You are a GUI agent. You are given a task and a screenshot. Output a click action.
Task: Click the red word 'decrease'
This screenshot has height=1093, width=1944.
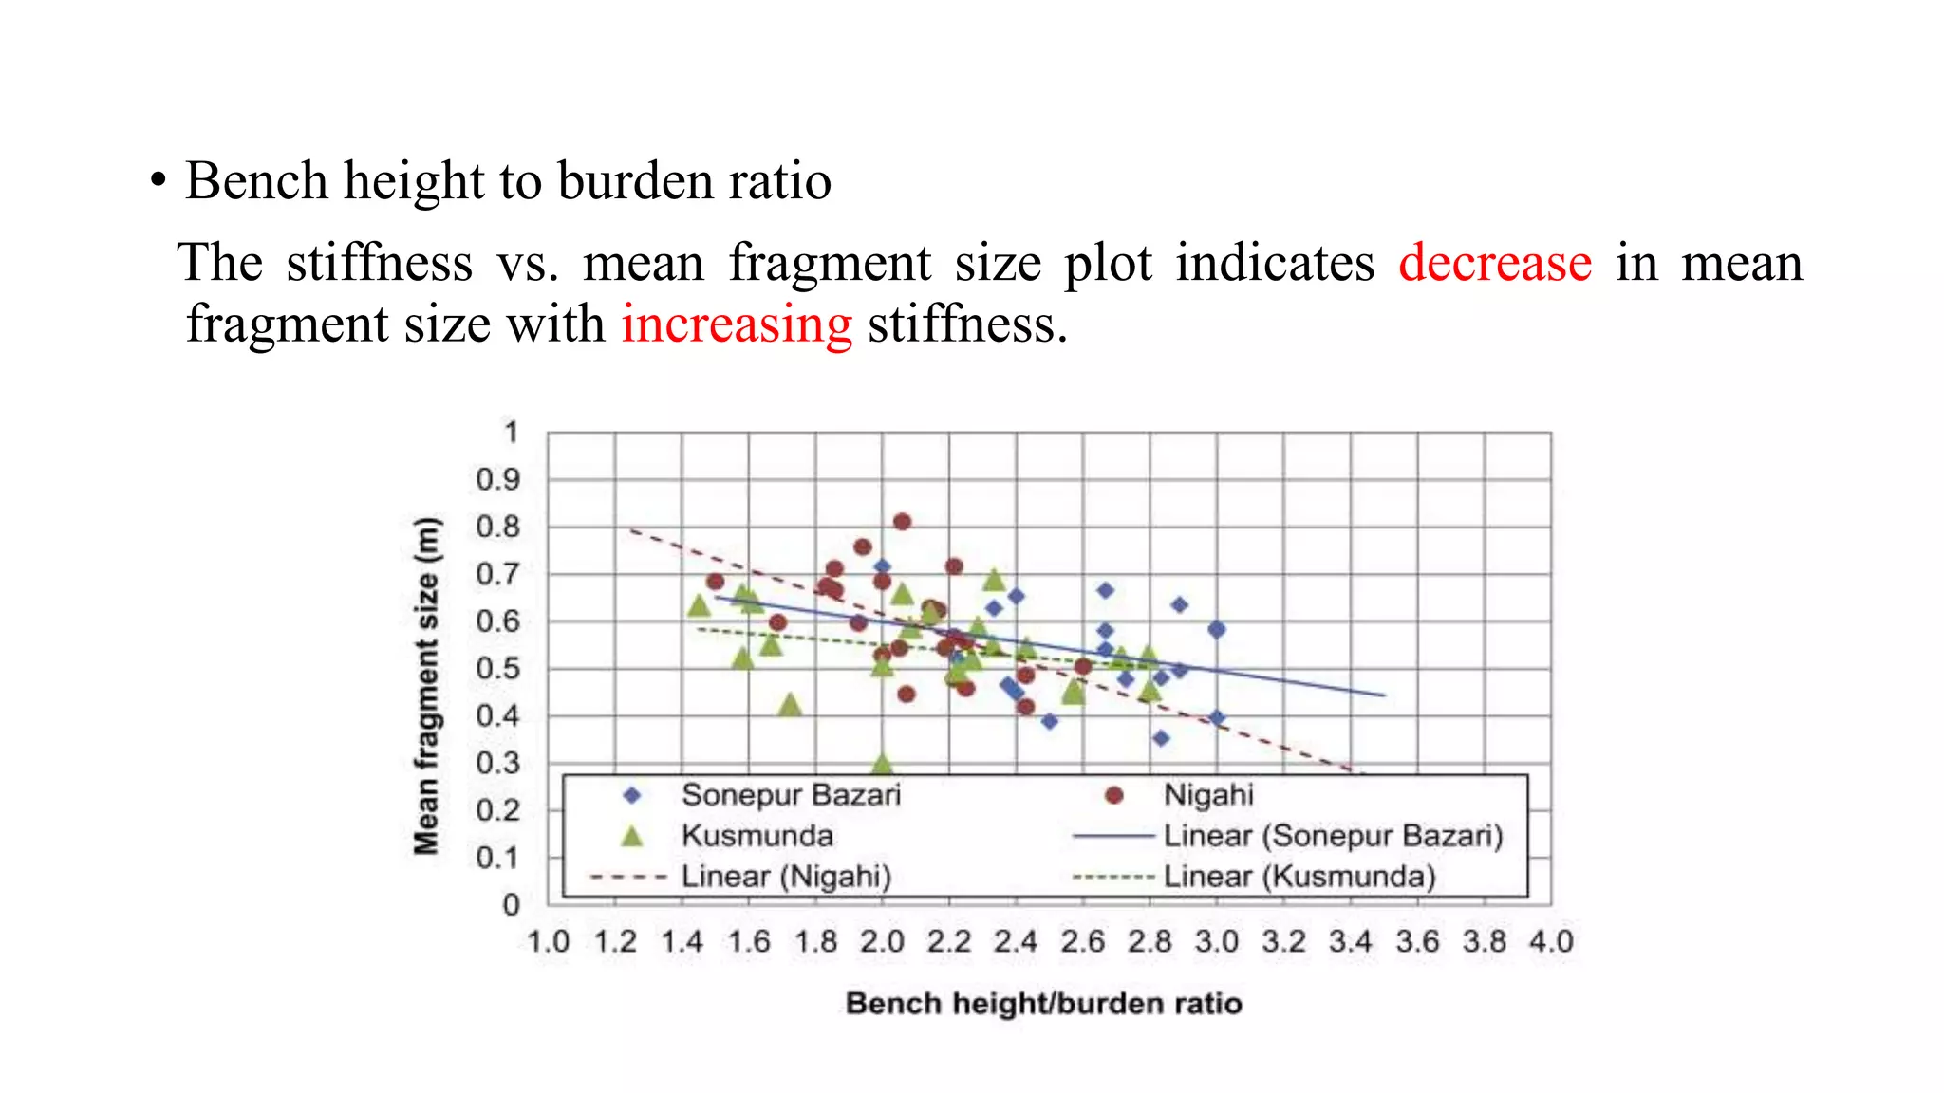[x=1495, y=263]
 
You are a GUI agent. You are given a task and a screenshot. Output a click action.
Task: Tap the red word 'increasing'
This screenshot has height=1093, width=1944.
[x=737, y=325]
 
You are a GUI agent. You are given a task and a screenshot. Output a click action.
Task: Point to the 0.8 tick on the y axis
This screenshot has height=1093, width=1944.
[x=498, y=527]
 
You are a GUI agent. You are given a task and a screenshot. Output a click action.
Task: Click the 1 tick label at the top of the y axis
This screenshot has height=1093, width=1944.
[x=512, y=433]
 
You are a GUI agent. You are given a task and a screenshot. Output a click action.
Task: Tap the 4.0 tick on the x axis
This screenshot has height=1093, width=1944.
[x=1551, y=942]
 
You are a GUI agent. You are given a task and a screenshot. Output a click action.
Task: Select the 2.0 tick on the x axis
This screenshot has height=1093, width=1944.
[x=882, y=942]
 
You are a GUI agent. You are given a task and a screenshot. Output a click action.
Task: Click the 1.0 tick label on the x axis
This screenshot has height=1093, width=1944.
[x=548, y=942]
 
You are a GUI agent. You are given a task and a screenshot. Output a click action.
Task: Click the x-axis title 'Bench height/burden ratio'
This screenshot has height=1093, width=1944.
[x=1043, y=1004]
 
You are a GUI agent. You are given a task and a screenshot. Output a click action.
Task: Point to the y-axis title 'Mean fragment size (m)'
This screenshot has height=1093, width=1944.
[x=427, y=685]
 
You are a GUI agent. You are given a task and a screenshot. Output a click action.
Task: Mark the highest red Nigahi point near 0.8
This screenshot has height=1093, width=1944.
[x=903, y=522]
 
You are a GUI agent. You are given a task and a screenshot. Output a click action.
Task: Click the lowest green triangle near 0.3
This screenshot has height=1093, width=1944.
[x=882, y=764]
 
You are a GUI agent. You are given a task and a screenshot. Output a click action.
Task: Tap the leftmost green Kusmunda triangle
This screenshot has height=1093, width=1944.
[x=699, y=605]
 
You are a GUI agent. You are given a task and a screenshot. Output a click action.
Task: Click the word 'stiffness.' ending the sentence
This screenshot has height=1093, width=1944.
[x=967, y=325]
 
